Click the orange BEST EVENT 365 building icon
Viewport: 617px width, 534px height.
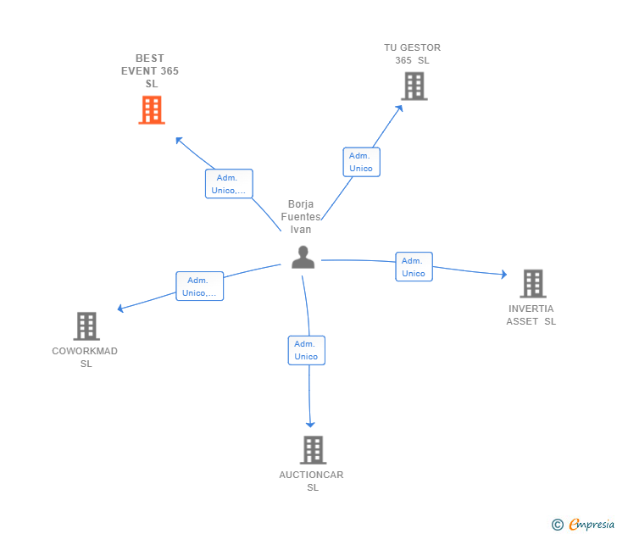coord(151,110)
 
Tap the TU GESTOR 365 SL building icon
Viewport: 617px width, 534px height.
coord(414,86)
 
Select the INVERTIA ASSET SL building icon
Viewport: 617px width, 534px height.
coord(532,283)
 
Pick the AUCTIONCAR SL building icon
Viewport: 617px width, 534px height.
coord(313,449)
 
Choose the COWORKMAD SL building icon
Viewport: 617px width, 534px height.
coord(86,326)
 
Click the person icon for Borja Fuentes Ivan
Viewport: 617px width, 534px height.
coord(303,257)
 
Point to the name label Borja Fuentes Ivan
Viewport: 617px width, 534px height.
coord(301,217)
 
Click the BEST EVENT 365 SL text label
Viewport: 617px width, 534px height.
coord(150,71)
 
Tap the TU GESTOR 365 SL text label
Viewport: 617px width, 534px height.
coord(413,53)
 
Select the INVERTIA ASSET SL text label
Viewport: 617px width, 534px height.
coord(531,314)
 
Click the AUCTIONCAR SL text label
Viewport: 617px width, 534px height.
coord(312,481)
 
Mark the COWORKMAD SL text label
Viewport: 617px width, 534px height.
coord(85,357)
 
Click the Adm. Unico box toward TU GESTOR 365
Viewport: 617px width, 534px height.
coord(361,162)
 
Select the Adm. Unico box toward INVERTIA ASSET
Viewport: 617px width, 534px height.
coord(414,267)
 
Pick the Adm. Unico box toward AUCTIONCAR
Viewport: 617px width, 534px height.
coord(306,350)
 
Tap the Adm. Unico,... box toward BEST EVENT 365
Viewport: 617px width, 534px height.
coord(229,184)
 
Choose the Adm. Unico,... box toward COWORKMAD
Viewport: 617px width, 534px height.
coord(199,286)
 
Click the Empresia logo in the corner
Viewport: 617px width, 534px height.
coord(584,525)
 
